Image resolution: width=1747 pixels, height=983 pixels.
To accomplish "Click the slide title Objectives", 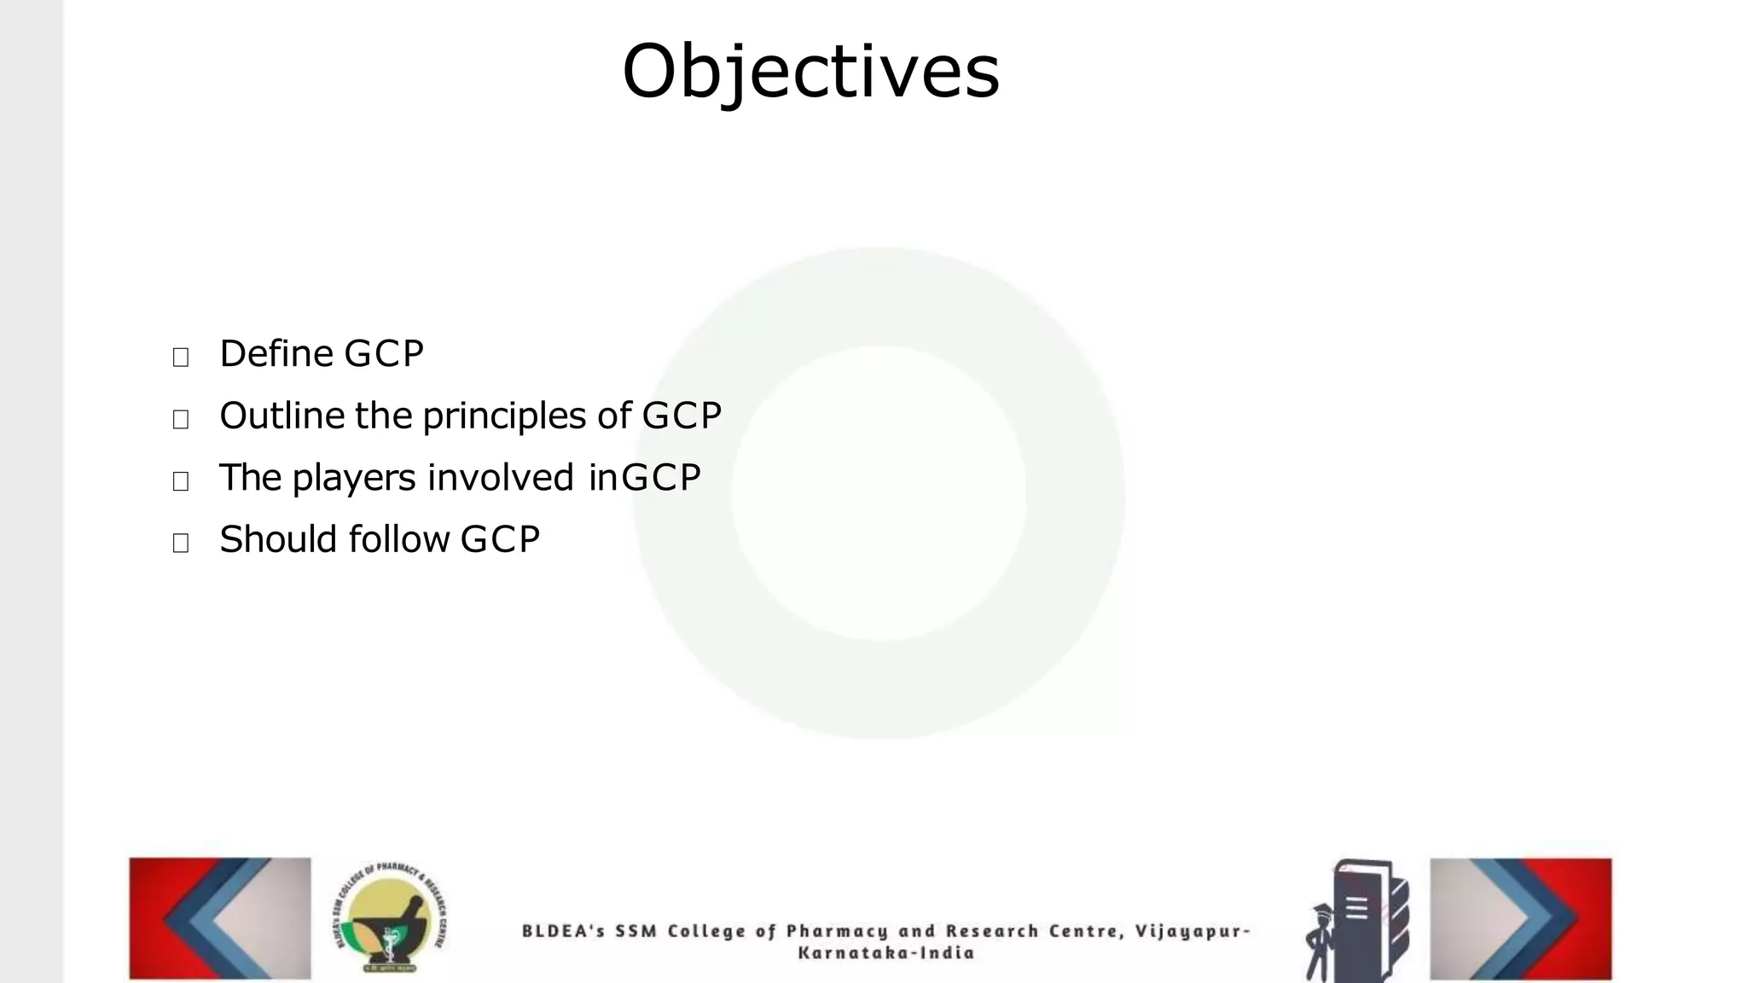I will pyautogui.click(x=810, y=72).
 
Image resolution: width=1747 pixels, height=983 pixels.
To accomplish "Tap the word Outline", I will pyautogui.click(x=281, y=416).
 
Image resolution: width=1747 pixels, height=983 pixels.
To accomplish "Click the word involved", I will pyautogui.click(x=500, y=478).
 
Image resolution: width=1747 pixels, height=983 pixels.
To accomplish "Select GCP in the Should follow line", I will pyautogui.click(x=500, y=540).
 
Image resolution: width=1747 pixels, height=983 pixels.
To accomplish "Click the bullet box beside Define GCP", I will pyautogui.click(x=181, y=357).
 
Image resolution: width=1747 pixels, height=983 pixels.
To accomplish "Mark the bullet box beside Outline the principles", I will pyautogui.click(x=181, y=419).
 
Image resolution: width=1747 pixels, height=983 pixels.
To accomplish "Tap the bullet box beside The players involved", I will pyautogui.click(x=181, y=481).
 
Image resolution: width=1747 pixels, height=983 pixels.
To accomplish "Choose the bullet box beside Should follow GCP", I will pyautogui.click(x=181, y=543).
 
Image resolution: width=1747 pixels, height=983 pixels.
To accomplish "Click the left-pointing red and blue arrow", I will pyautogui.click(x=220, y=918).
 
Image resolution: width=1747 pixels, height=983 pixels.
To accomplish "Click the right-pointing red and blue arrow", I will pyautogui.click(x=1521, y=918).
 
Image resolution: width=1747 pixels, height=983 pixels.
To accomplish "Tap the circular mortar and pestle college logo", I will pyautogui.click(x=390, y=919).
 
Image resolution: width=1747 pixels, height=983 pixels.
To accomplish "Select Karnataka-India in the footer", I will pyautogui.click(x=886, y=953).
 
